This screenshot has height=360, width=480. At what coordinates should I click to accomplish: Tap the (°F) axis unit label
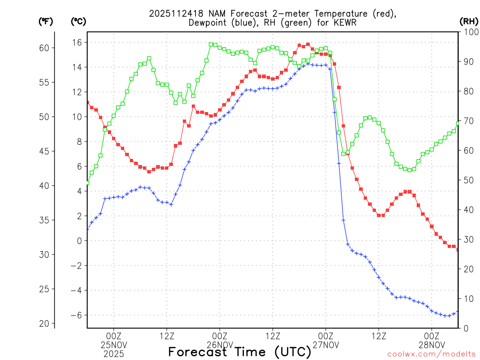(46, 21)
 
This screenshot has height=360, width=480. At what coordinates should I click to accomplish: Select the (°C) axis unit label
(78, 21)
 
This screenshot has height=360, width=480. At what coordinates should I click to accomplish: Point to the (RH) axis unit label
(469, 21)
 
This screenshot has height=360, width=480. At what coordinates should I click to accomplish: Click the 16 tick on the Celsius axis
(77, 42)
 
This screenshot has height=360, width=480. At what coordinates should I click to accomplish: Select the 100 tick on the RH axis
(469, 32)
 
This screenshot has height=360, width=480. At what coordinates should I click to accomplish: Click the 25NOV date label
(113, 345)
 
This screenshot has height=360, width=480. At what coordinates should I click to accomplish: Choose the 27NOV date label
(325, 345)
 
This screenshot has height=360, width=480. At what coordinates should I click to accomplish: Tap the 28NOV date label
(432, 345)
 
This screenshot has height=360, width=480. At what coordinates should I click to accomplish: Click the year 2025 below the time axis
(113, 353)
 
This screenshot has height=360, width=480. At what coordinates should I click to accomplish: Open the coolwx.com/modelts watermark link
(431, 354)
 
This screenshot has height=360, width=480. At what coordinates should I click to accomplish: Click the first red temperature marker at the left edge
(87, 102)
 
